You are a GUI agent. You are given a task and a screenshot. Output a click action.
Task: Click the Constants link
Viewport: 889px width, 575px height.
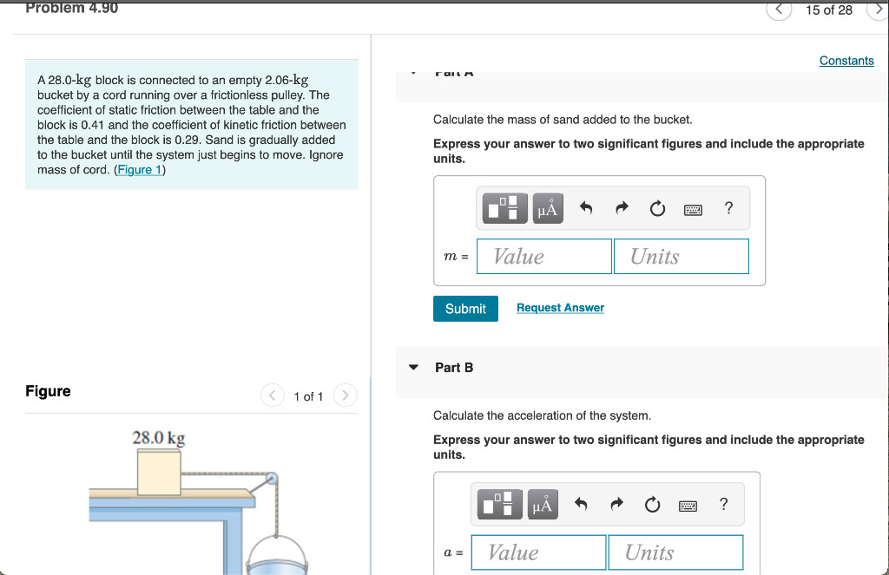(846, 61)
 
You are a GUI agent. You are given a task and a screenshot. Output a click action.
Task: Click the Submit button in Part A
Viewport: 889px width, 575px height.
(465, 309)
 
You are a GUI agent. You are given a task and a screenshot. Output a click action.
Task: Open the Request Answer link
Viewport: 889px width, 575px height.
(560, 308)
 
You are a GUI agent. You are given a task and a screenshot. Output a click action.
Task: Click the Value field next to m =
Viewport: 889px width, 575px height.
(544, 257)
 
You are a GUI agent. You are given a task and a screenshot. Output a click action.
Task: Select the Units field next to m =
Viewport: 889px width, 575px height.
(681, 257)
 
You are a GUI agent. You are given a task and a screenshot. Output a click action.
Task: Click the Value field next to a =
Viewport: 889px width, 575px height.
(538, 552)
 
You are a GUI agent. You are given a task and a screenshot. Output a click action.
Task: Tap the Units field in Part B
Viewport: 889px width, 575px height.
(675, 552)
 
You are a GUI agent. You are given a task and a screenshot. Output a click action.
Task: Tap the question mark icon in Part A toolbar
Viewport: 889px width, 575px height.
(728, 208)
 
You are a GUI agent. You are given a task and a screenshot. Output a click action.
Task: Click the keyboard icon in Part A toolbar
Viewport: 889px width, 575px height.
(693, 209)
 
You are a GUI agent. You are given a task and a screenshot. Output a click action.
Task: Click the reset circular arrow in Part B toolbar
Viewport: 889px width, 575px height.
(652, 505)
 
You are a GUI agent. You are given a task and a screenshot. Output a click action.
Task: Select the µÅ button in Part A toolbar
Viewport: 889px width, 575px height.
(547, 209)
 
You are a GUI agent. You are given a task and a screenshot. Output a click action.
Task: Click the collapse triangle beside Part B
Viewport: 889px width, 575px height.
(414, 368)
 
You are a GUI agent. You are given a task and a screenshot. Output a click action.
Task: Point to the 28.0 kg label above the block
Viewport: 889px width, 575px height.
(158, 438)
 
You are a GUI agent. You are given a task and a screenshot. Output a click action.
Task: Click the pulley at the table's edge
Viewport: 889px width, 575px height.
(272, 478)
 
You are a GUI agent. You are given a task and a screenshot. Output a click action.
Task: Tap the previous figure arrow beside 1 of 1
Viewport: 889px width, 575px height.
(273, 396)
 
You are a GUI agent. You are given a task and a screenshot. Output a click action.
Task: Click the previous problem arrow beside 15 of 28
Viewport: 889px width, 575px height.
(779, 10)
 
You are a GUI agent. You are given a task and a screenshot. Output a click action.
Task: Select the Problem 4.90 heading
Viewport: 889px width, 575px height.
(71, 8)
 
